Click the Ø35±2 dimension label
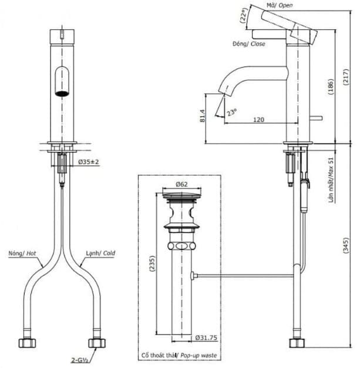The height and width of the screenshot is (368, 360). [x=88, y=161]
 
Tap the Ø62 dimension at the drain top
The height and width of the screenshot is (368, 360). [x=181, y=184]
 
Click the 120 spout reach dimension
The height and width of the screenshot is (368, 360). [x=258, y=120]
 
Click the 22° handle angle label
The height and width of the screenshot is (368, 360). [x=244, y=15]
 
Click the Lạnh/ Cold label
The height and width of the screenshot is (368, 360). [x=100, y=254]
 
